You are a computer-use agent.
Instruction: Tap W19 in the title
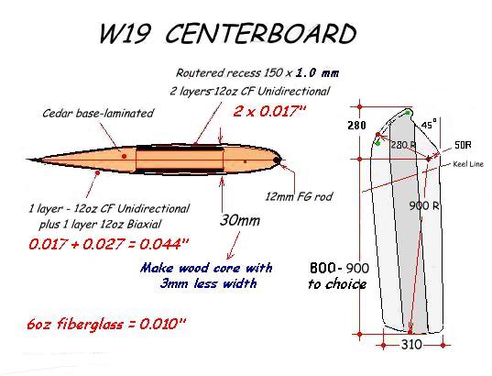(125, 33)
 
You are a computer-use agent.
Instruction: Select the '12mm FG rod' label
(299, 197)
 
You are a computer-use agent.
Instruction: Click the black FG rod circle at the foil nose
(277, 160)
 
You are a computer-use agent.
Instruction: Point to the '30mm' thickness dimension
(240, 220)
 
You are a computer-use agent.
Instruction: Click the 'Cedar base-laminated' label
(98, 113)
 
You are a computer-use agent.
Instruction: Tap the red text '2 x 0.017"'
(269, 111)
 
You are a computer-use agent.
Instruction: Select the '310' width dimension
(411, 345)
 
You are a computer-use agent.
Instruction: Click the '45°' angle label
(429, 125)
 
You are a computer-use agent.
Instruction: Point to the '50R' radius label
(463, 145)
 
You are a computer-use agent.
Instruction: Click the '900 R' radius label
(424, 205)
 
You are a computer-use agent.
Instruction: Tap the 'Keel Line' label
(468, 164)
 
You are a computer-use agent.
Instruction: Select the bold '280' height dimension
(357, 126)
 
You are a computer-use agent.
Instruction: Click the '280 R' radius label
(404, 145)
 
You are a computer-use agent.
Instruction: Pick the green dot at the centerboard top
(408, 113)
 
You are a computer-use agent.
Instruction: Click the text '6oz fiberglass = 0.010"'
(107, 324)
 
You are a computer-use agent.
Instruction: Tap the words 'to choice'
(337, 284)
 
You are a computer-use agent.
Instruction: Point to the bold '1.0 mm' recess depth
(317, 73)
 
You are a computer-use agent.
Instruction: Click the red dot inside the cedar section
(125, 156)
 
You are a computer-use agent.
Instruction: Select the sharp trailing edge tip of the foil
(27, 160)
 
